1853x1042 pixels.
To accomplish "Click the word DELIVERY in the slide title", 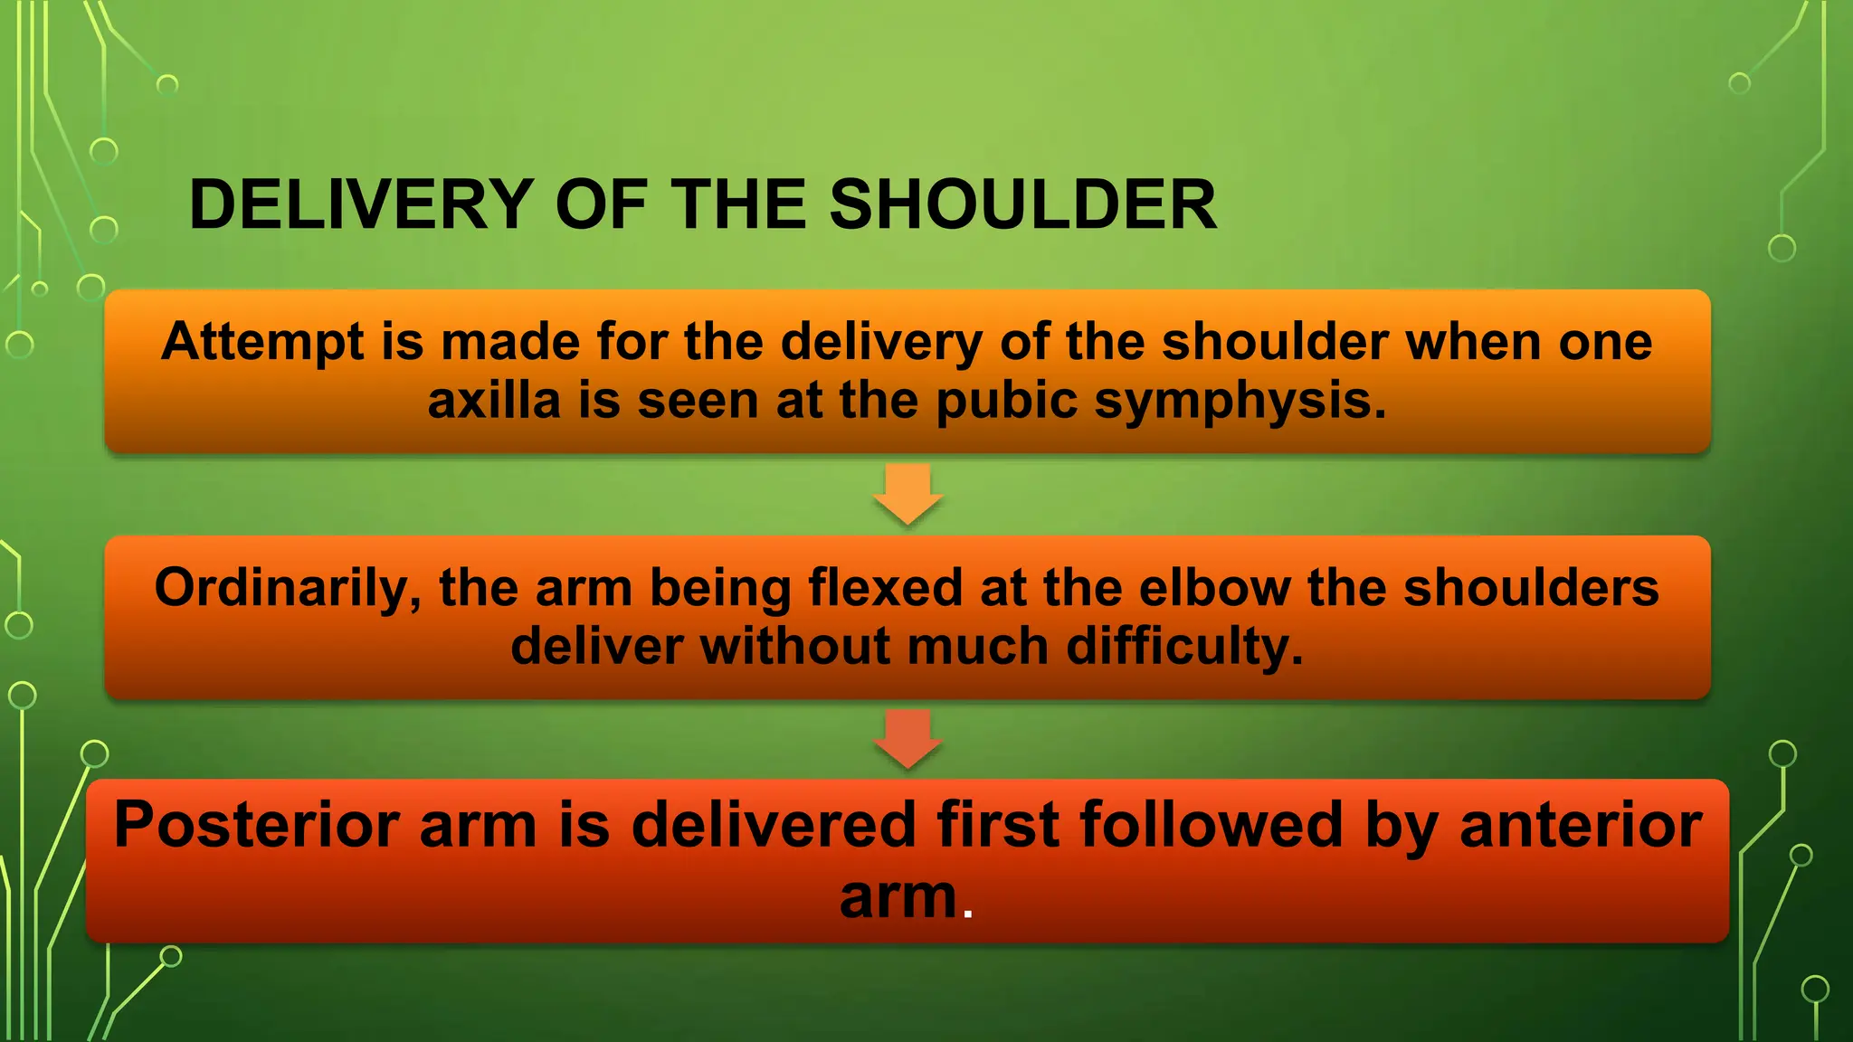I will coord(361,204).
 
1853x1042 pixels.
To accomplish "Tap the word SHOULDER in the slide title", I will coord(1022,204).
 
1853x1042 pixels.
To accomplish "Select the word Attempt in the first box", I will coord(262,343).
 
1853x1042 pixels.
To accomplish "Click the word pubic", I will coord(1006,401).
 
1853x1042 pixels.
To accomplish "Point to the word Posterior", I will coord(257,826).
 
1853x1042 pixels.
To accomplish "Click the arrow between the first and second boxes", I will coord(908,494).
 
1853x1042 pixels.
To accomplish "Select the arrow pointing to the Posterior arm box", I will coord(908,739).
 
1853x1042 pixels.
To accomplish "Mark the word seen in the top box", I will coord(698,401).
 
